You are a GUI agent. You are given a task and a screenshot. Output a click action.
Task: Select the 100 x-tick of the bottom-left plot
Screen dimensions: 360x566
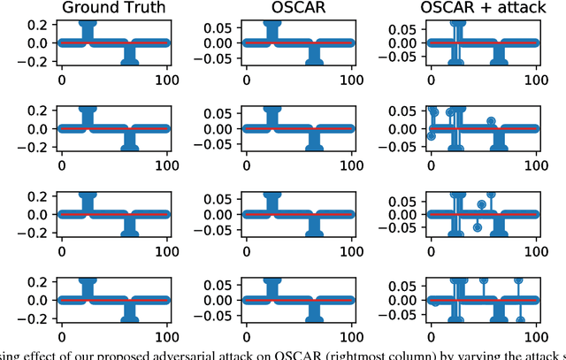[x=168, y=337]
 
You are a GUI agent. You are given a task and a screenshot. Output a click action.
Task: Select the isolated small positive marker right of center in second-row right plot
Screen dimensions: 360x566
[x=491, y=120]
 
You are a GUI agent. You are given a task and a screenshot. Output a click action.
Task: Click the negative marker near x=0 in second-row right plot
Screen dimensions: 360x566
[x=431, y=136]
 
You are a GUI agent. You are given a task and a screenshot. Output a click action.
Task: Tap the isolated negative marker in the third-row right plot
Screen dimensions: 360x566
[x=477, y=227]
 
